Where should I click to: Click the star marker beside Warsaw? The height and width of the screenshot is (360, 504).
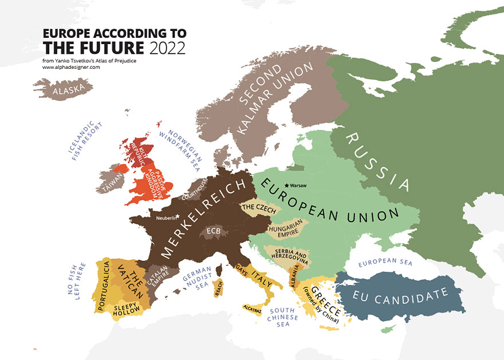pos(286,186)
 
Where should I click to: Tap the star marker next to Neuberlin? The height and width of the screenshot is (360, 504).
pos(177,216)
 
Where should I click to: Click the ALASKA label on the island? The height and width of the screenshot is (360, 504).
pos(73,89)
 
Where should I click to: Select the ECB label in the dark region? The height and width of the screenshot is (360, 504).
pos(213,231)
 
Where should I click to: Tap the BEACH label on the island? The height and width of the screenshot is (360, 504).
pos(219,290)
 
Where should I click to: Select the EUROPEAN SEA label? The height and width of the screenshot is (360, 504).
pos(385,264)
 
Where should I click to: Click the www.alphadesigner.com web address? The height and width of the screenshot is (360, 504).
pos(71,67)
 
